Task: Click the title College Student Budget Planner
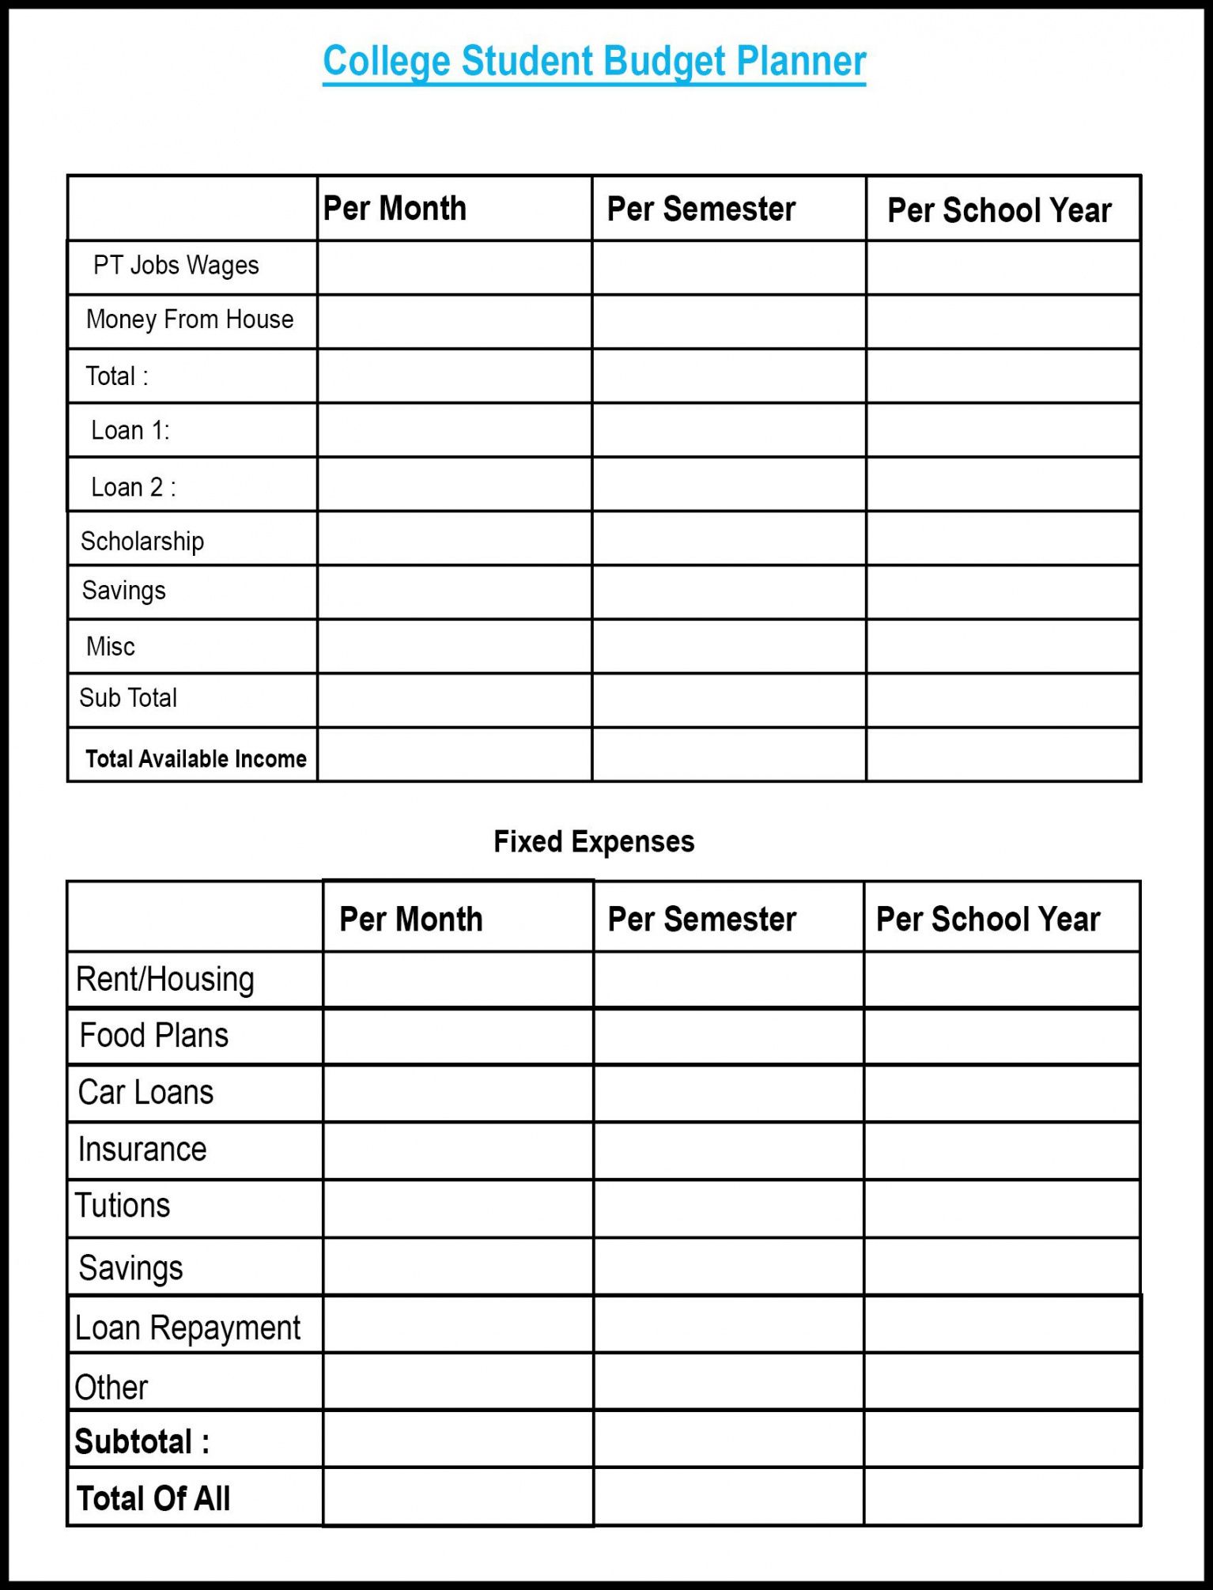pos(594,62)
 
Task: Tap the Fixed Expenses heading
pos(594,842)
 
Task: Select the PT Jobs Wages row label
pos(176,266)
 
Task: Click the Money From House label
pos(190,319)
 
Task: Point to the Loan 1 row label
pos(130,430)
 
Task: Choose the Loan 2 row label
pos(134,487)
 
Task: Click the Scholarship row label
pos(142,542)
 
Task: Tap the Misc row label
pos(111,647)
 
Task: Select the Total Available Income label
pos(195,759)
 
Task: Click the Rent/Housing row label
pos(164,980)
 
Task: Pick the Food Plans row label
pos(154,1036)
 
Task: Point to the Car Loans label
pos(145,1093)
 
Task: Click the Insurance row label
pos(142,1150)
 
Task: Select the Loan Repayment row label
pos(187,1328)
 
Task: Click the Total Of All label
pos(153,1498)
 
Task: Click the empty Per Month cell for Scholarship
pos(455,538)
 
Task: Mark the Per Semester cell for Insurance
pos(728,1151)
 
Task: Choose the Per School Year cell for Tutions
pos(1002,1209)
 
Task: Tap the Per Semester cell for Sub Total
pos(729,701)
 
